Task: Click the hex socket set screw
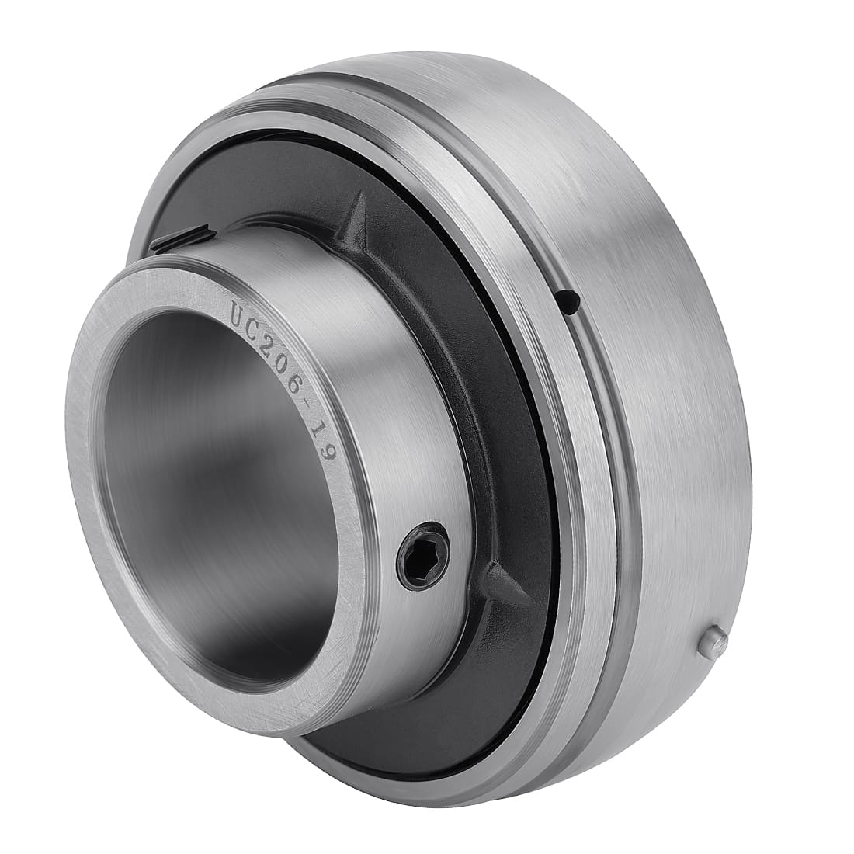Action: click(x=423, y=556)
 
